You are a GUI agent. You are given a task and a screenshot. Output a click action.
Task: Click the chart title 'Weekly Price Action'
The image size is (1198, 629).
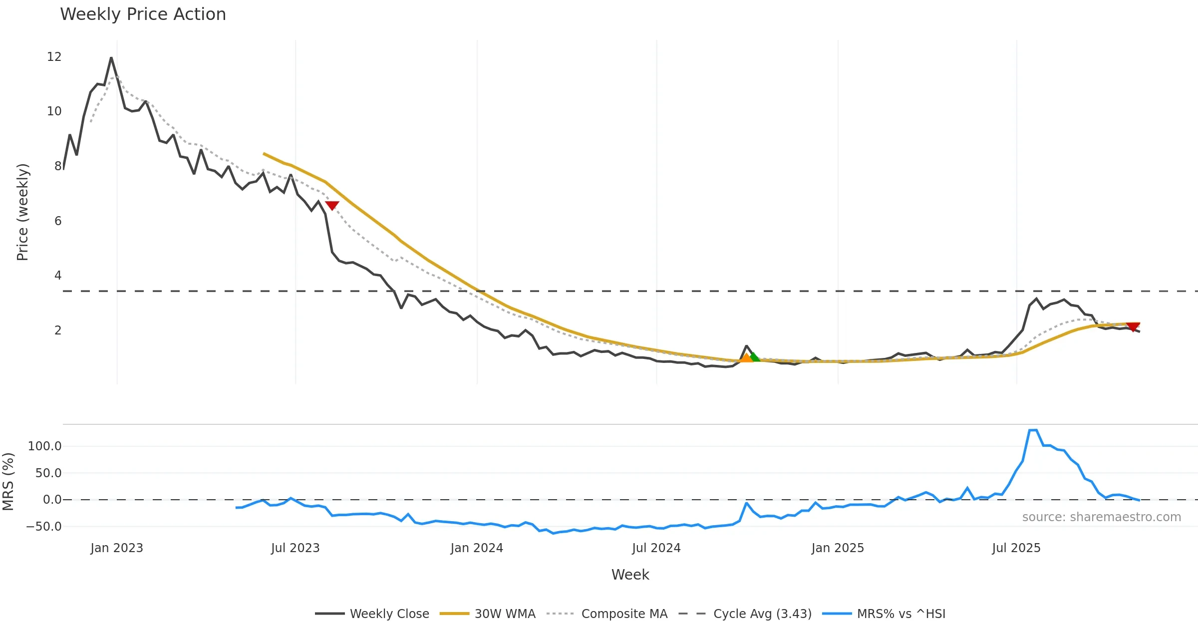143,14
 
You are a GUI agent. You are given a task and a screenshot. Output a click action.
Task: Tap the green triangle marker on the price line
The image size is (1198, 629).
754,356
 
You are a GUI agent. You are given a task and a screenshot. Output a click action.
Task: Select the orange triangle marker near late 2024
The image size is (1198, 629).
746,357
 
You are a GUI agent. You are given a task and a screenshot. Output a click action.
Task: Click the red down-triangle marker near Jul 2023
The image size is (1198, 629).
332,205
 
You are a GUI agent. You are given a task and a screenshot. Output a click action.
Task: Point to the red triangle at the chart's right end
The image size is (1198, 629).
1133,327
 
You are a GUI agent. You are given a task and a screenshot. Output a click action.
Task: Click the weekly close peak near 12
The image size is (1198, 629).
111,58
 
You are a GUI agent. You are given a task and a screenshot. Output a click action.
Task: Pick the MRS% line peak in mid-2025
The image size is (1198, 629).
1033,430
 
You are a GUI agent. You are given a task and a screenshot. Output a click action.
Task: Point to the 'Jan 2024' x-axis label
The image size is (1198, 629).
477,548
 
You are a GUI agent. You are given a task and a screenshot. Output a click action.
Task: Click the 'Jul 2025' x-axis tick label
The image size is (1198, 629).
1016,548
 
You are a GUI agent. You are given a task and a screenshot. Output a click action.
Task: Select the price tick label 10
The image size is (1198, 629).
54,111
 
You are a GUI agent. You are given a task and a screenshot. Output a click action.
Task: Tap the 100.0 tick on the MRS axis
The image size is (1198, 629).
45,446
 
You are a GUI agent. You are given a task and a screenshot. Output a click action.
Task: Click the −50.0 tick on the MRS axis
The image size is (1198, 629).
44,527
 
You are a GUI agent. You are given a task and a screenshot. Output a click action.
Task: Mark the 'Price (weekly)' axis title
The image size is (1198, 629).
22,212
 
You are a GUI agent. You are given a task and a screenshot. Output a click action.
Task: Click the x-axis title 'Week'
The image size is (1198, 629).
630,575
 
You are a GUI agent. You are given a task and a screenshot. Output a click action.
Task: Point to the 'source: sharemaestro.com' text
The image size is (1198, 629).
1102,517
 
